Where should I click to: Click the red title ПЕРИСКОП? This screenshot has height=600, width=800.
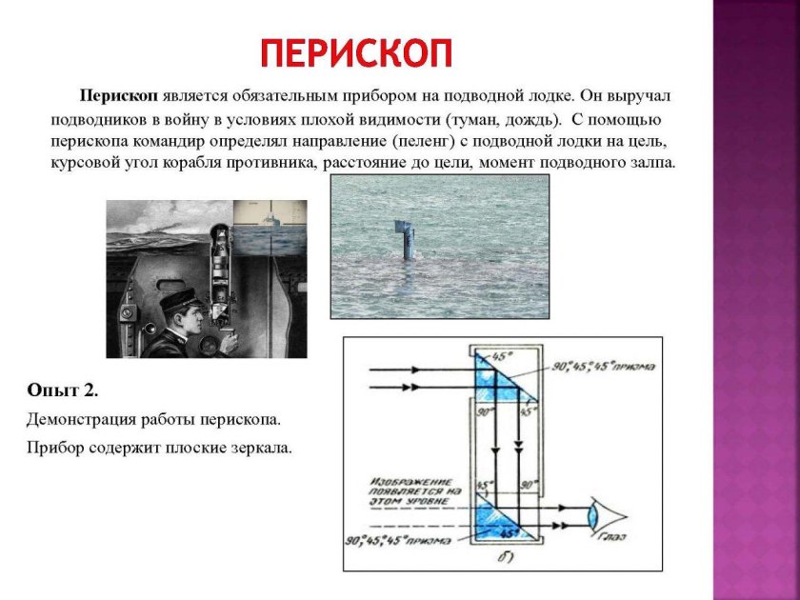pos(356,53)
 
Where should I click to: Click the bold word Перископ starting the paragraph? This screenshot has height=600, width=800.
pos(119,97)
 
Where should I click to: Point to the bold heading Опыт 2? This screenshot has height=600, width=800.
pos(63,390)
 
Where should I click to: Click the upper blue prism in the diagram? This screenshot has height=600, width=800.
pos(495,376)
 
